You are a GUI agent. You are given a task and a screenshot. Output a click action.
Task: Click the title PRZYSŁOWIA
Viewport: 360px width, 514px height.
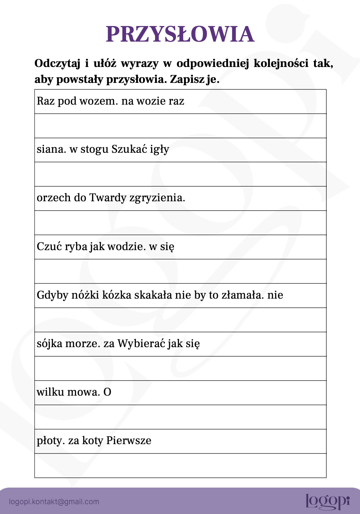pyautogui.click(x=180, y=34)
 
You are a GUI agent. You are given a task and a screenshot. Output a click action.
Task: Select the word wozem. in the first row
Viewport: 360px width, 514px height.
pyautogui.click(x=99, y=101)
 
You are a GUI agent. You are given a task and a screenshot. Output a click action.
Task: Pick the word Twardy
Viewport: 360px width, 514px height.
pyautogui.click(x=108, y=198)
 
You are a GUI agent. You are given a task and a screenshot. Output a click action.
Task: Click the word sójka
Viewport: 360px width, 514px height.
pyautogui.click(x=50, y=344)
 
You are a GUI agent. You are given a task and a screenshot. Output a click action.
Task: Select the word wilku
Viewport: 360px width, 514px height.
pyautogui.click(x=49, y=392)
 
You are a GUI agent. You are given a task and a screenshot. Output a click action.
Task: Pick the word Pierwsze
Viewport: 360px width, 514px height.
pyautogui.click(x=129, y=441)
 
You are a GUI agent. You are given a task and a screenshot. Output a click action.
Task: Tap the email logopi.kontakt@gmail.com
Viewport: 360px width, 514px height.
pyautogui.click(x=54, y=502)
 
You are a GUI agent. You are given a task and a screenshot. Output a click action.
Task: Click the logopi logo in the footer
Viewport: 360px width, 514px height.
pyautogui.click(x=327, y=501)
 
